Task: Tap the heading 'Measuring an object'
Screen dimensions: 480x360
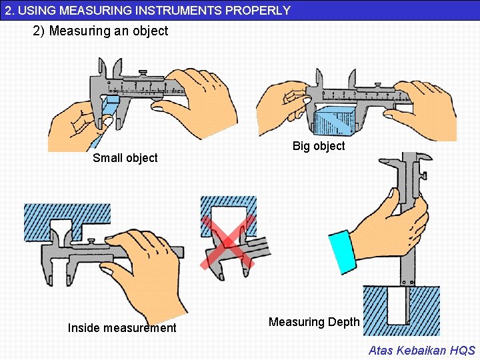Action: tap(109, 31)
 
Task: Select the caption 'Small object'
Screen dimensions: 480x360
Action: tap(125, 158)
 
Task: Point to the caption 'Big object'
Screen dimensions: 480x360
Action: tap(319, 146)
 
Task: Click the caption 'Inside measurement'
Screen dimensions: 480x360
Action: tap(122, 328)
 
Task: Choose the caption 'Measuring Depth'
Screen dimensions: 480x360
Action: tap(314, 322)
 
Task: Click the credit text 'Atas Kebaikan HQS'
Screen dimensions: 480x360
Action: tap(422, 350)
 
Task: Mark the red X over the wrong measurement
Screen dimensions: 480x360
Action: tap(228, 242)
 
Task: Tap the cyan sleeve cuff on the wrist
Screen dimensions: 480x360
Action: tap(342, 252)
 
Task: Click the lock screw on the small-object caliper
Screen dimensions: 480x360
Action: tap(143, 73)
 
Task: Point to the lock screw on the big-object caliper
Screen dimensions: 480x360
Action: tap(378, 85)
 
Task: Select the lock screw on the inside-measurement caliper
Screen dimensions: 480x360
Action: tap(91, 241)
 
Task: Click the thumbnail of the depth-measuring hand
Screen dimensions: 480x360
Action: tap(391, 193)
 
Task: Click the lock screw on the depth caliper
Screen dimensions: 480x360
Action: tap(424, 176)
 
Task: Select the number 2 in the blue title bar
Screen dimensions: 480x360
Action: tap(8, 11)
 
